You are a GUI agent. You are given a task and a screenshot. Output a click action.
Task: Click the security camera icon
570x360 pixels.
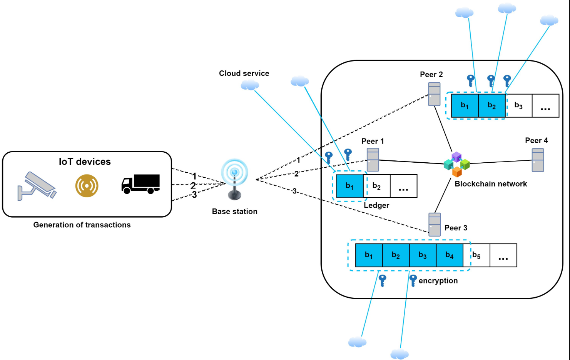37,186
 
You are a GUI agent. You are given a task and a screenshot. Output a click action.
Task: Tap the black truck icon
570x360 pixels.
140,184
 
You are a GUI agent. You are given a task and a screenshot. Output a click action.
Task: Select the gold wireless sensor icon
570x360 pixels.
87,186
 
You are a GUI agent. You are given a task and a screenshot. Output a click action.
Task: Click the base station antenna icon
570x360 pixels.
234,179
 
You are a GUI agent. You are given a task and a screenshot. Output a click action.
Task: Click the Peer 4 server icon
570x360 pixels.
538,160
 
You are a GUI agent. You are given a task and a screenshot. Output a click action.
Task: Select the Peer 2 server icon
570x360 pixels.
434,94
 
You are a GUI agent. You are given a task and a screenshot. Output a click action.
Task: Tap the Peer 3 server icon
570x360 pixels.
435,225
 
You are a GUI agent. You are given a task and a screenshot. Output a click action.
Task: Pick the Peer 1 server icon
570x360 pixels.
373,160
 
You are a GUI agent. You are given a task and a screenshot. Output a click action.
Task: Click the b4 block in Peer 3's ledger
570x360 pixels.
450,255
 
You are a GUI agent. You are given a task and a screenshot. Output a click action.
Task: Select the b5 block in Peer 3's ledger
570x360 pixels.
476,255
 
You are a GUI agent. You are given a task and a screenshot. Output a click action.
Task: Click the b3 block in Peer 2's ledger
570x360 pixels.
518,106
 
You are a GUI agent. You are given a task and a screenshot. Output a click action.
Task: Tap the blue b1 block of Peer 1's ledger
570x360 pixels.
349,186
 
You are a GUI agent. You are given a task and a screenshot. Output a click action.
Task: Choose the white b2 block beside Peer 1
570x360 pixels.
376,186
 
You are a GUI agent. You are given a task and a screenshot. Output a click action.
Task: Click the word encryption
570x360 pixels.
438,281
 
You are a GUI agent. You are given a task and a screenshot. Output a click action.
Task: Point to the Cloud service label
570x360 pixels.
244,73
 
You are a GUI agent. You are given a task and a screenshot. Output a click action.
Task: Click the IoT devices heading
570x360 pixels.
85,162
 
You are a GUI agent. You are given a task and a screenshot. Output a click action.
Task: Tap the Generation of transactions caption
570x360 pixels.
82,225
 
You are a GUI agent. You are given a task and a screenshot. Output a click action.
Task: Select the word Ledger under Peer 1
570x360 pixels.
376,205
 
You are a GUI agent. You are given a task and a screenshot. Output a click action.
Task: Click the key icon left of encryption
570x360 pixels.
413,280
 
